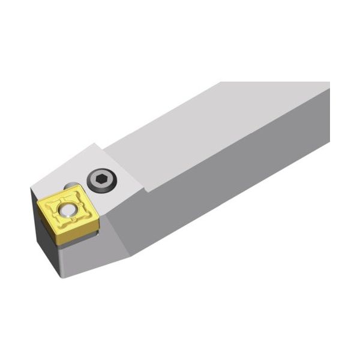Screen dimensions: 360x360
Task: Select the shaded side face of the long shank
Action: tap(240, 180)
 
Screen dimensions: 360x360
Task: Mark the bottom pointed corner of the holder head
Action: tap(62, 277)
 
